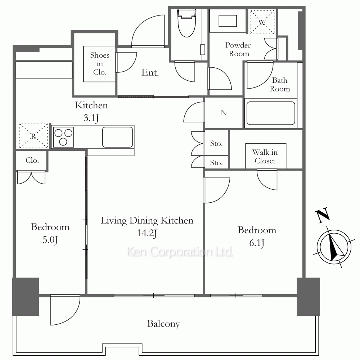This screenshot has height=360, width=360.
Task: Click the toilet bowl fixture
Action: pos(187,23)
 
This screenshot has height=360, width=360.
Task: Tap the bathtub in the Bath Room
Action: pos(271,113)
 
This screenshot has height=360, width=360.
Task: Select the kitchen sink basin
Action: pos(117,137)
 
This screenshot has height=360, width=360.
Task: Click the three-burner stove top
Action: pos(63,137)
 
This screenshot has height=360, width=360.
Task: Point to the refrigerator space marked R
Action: pos(33,136)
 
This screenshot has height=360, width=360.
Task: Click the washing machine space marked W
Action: pos(262,22)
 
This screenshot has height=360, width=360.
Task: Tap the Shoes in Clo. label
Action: pos(100,64)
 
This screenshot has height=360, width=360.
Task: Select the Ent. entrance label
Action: pos(150,73)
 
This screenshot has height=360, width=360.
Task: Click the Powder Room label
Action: pos(238,49)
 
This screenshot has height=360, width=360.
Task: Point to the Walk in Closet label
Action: pos(265,157)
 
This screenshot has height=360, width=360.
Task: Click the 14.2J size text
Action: pos(147,233)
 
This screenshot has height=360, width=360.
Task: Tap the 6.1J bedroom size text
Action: pos(257,243)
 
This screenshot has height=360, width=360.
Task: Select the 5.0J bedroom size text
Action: pos(50,240)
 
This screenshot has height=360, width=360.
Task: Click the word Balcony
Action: pos(163,324)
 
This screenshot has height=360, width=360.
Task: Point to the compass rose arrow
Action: pos(334,246)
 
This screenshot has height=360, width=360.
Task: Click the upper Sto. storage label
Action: pos(216,144)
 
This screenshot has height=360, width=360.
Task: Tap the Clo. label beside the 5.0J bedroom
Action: pos(32,160)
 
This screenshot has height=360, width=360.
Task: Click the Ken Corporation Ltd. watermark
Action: pos(180,252)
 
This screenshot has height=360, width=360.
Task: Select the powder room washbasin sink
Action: pos(228,21)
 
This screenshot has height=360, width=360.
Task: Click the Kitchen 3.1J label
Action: pos(91,112)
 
